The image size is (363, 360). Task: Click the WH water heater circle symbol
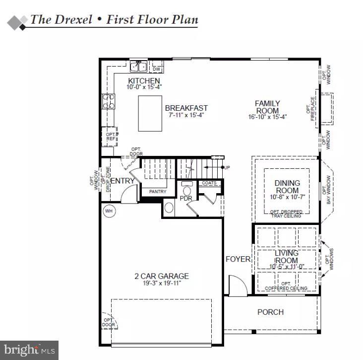109,211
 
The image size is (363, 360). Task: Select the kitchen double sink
138,67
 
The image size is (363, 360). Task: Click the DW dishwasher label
156,69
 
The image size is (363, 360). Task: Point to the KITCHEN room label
144,81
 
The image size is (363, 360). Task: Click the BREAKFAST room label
186,108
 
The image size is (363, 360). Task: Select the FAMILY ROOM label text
267,107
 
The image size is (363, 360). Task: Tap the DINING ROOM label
287,187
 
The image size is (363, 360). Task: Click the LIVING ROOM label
287,257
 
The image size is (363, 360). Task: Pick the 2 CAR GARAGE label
162,276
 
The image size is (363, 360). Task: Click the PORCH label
270,312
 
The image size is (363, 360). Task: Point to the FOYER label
238,259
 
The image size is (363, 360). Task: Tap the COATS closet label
209,183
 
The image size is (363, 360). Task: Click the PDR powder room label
186,198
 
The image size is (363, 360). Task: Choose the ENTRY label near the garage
122,181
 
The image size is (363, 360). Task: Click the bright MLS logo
29,350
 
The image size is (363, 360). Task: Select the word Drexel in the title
71,20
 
